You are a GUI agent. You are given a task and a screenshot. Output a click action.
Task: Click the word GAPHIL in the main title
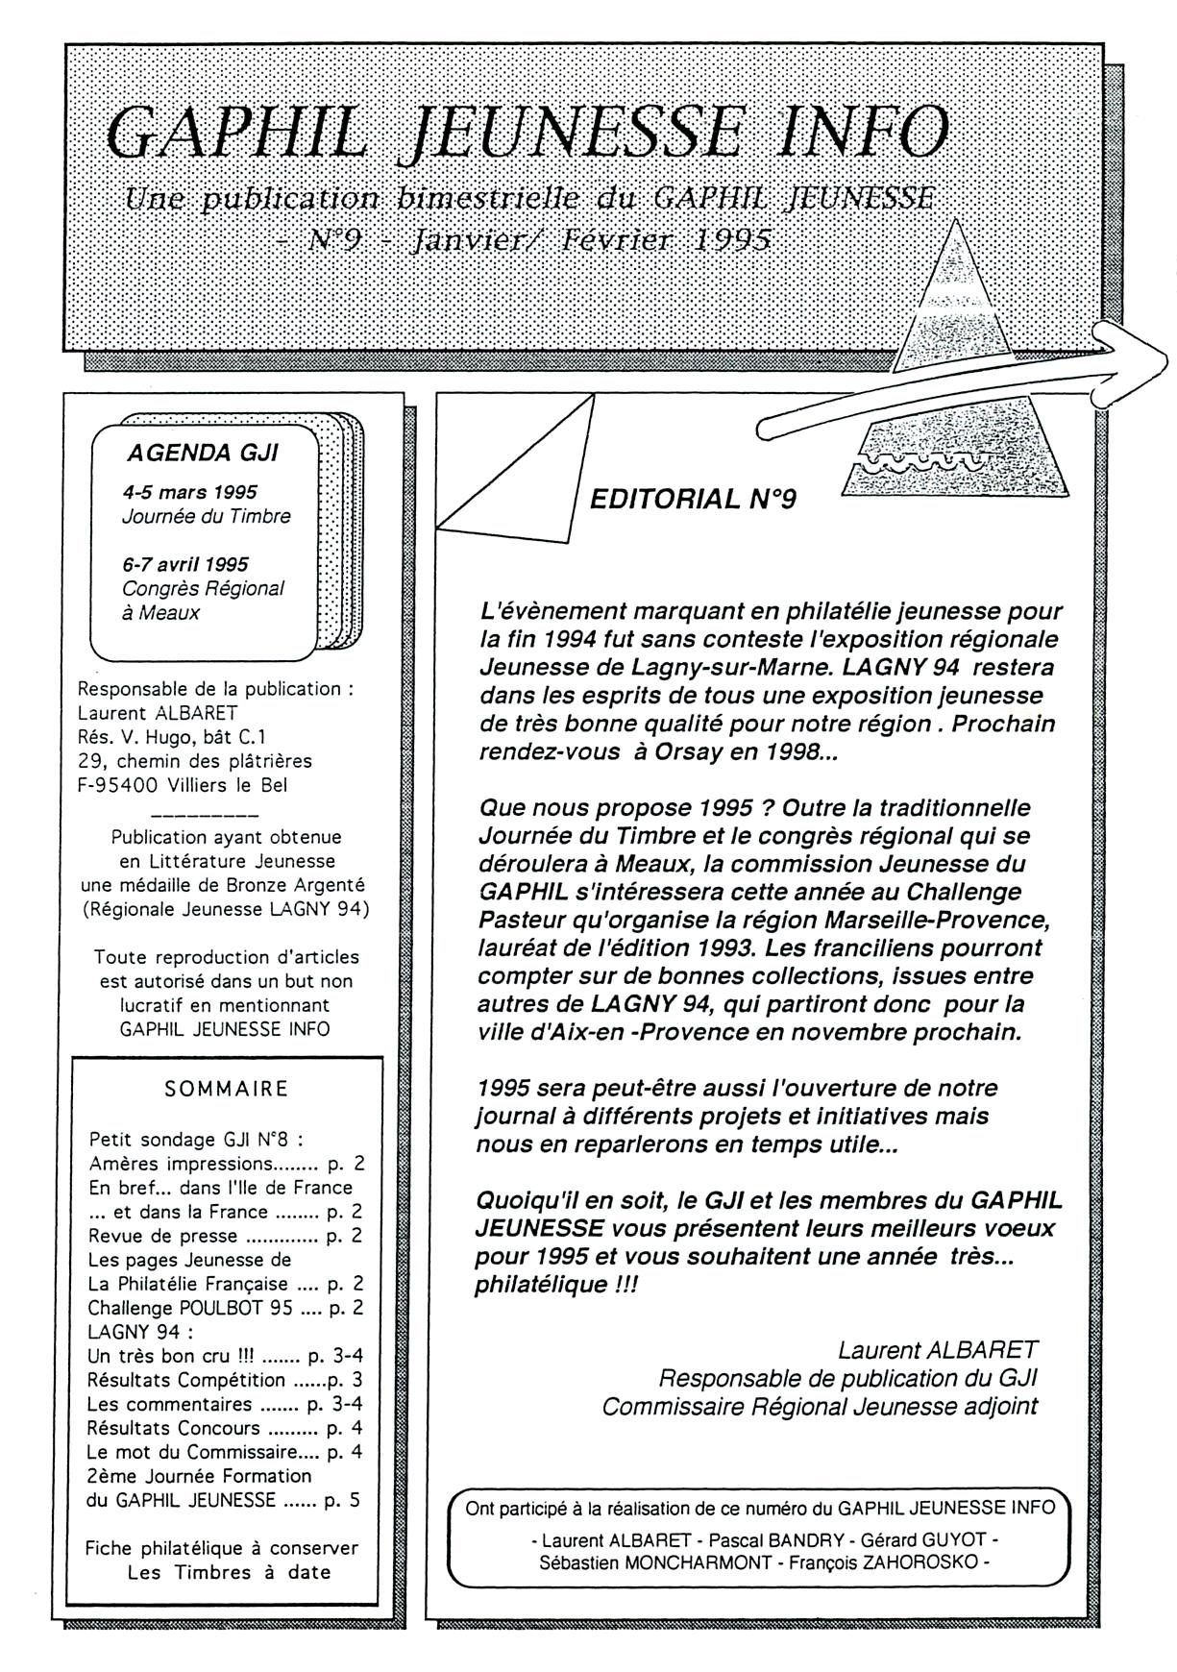(x=236, y=133)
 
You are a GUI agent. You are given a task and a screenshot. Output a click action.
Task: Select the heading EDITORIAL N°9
(x=693, y=499)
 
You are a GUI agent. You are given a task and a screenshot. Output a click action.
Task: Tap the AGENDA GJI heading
(x=203, y=453)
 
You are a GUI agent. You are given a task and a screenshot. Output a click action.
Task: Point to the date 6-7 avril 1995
(x=185, y=564)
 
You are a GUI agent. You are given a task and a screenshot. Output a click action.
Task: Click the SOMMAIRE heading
(x=227, y=1089)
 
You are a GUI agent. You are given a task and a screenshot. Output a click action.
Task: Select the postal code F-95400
(x=118, y=785)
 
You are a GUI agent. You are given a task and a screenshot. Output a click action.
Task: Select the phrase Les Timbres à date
(x=229, y=1573)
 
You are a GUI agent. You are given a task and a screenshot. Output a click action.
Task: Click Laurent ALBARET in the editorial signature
(x=937, y=1350)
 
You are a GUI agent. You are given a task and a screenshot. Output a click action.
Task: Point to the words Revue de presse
(x=162, y=1236)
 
